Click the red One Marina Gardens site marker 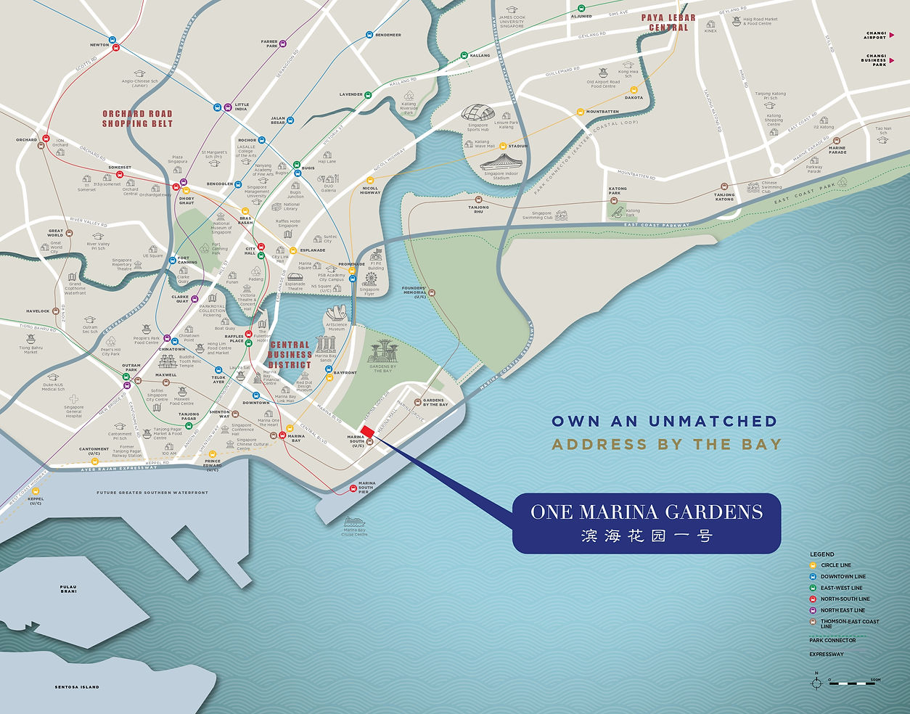(367, 432)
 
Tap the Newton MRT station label (99, 45)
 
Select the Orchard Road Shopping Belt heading (137, 118)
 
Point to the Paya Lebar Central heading (668, 22)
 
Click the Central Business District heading (290, 355)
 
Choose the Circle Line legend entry (836, 565)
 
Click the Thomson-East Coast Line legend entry (849, 623)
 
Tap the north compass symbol (816, 681)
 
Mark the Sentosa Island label (77, 686)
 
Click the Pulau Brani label (68, 588)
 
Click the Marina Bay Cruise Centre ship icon (353, 522)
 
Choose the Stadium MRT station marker (502, 146)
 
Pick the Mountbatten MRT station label (602, 112)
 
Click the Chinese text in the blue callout (646, 536)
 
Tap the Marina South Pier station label (367, 487)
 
